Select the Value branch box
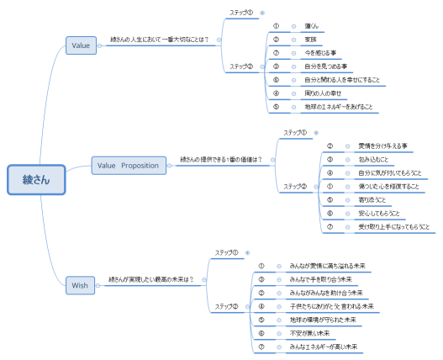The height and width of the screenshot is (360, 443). [81, 45]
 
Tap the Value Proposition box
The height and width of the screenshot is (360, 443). [127, 166]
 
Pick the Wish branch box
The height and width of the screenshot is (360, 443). [80, 286]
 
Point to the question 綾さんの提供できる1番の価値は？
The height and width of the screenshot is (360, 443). [221, 159]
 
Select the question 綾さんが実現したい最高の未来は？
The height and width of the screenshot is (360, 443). [151, 279]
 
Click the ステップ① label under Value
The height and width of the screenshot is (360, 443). [241, 13]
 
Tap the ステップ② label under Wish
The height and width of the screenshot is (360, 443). [226, 306]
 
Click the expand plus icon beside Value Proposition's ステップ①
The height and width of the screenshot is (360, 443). [315, 133]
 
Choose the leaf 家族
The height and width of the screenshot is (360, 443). [310, 40]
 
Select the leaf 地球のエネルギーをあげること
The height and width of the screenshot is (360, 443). [339, 107]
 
